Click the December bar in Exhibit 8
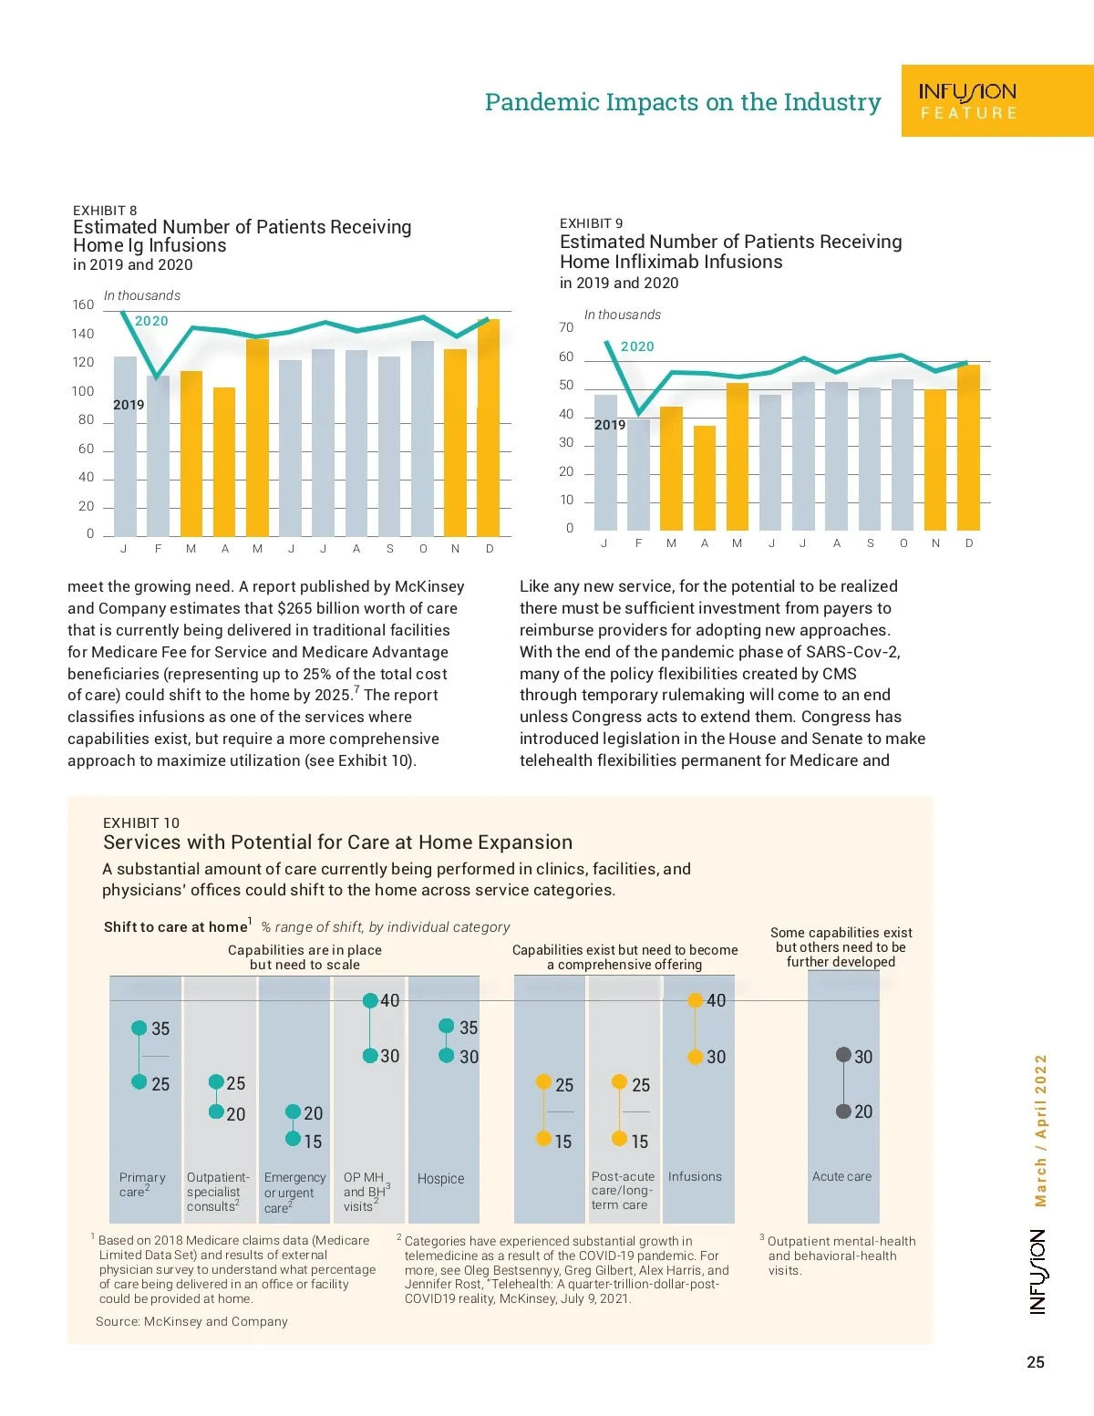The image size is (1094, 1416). click(489, 429)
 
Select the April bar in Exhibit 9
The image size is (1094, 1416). click(705, 478)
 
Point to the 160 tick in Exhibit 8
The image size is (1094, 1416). click(83, 305)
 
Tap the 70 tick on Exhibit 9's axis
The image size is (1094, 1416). click(566, 327)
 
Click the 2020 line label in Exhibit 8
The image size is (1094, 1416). click(151, 321)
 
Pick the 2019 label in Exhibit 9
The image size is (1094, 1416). click(610, 425)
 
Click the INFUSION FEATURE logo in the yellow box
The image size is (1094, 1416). click(967, 101)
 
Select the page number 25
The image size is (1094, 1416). click(1036, 1362)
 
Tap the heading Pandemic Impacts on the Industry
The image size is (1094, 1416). click(683, 102)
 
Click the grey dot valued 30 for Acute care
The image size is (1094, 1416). click(843, 1055)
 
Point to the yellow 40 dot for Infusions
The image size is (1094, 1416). click(695, 1000)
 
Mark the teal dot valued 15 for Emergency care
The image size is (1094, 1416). click(293, 1139)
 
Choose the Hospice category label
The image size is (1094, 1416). click(440, 1179)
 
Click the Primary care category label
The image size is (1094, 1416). click(141, 1184)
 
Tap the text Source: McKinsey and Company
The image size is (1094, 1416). click(191, 1321)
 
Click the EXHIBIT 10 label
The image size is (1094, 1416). click(141, 822)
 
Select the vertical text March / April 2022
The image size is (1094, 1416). click(1040, 1131)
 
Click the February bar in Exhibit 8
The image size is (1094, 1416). click(158, 456)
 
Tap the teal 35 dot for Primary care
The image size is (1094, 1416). click(139, 1028)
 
